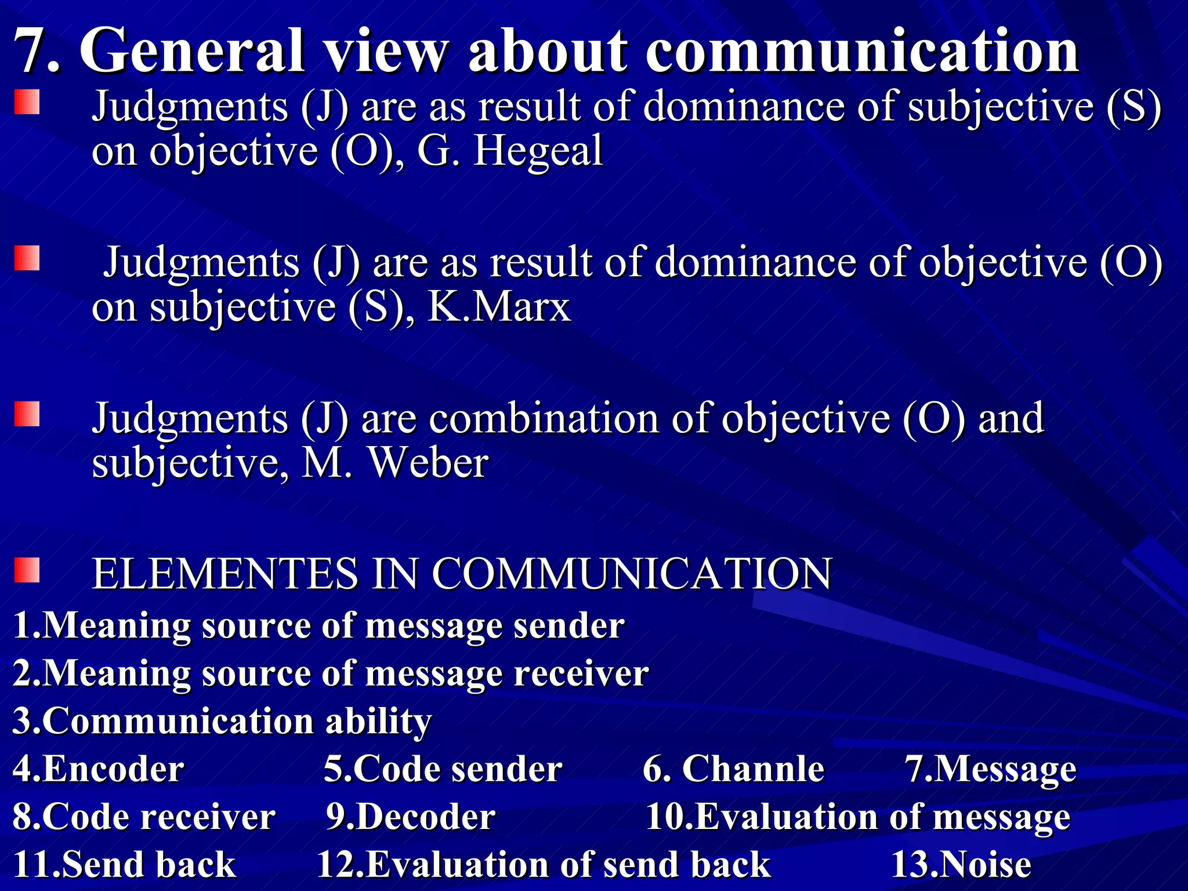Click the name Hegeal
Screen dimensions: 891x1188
(538, 151)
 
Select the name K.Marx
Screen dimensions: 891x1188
(499, 307)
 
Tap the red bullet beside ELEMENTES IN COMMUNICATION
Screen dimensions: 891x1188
(27, 570)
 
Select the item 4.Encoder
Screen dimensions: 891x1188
(99, 769)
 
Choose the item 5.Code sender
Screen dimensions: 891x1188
(443, 769)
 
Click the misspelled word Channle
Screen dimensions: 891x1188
(753, 769)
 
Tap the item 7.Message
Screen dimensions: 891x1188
(991, 769)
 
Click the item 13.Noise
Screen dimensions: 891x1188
(961, 864)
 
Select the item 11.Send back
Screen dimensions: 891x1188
(124, 864)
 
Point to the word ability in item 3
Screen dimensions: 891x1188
(378, 722)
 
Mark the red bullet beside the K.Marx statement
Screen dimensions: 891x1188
(27, 258)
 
